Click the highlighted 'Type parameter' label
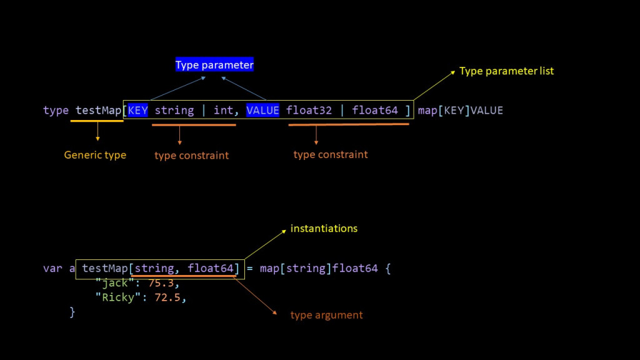tap(214, 65)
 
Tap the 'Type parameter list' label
tap(506, 71)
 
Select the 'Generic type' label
tap(95, 155)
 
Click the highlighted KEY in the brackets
tap(137, 111)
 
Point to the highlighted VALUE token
tap(262, 111)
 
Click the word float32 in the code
tap(309, 111)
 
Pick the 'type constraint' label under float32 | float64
tap(331, 154)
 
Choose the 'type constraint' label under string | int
tap(192, 156)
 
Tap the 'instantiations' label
tap(324, 229)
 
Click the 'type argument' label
tap(326, 315)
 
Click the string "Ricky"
tap(114, 297)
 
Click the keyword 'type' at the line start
tap(56, 111)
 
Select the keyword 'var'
tap(52, 269)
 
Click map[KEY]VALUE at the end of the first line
tap(460, 111)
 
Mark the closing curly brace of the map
tap(72, 312)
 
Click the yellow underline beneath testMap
tap(97, 121)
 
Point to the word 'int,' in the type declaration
tap(224, 111)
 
